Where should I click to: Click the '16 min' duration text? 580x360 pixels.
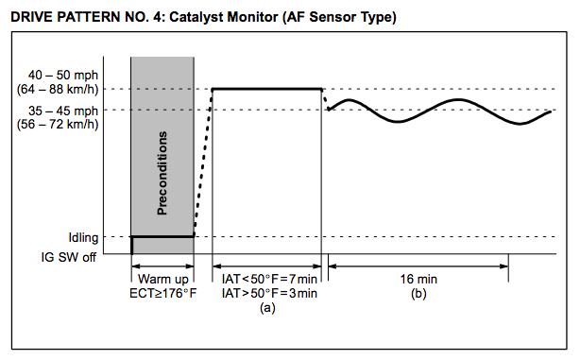tap(418, 280)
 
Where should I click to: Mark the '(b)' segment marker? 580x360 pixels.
tap(418, 295)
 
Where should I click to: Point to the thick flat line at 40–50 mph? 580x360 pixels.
tap(267, 89)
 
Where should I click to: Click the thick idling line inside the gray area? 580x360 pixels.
tap(162, 236)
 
